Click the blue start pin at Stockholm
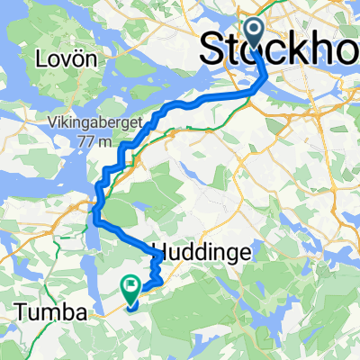pos(253,34)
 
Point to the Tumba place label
pos(51,312)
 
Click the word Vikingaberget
pos(92,127)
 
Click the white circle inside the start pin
pos(253,31)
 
